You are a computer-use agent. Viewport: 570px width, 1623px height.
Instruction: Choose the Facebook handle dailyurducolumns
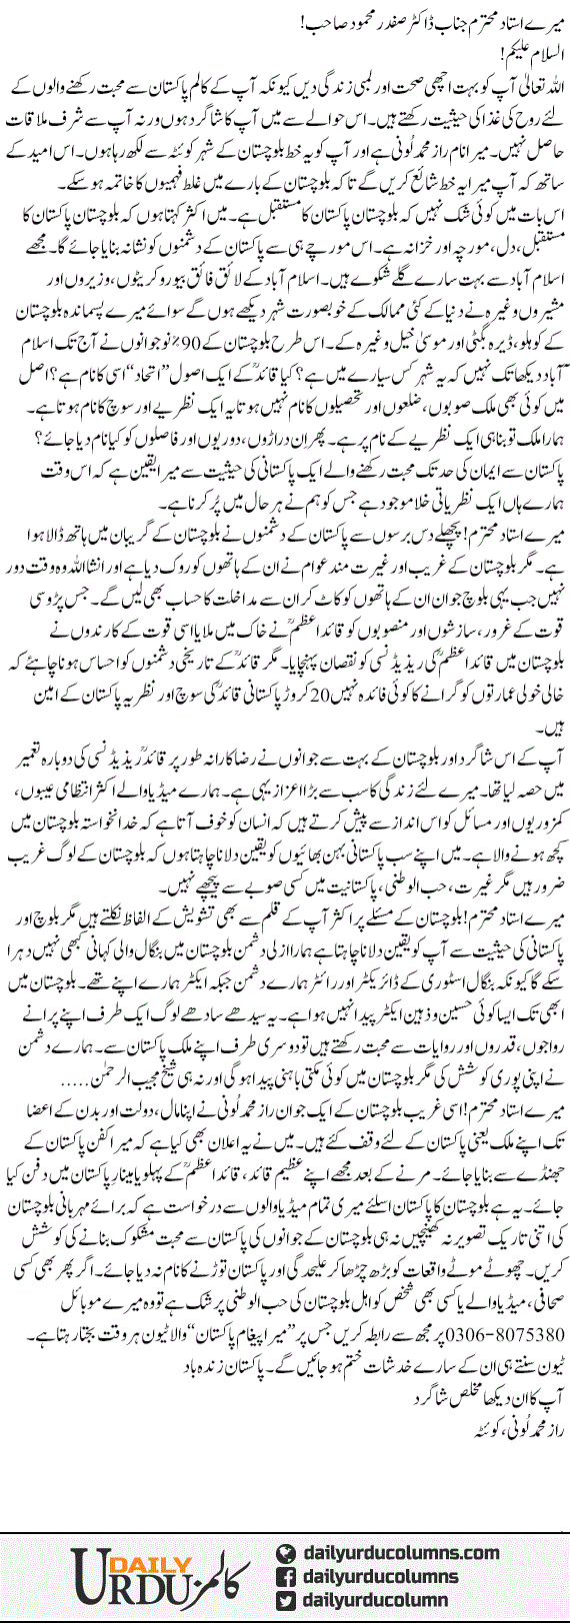pyautogui.click(x=386, y=1576)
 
